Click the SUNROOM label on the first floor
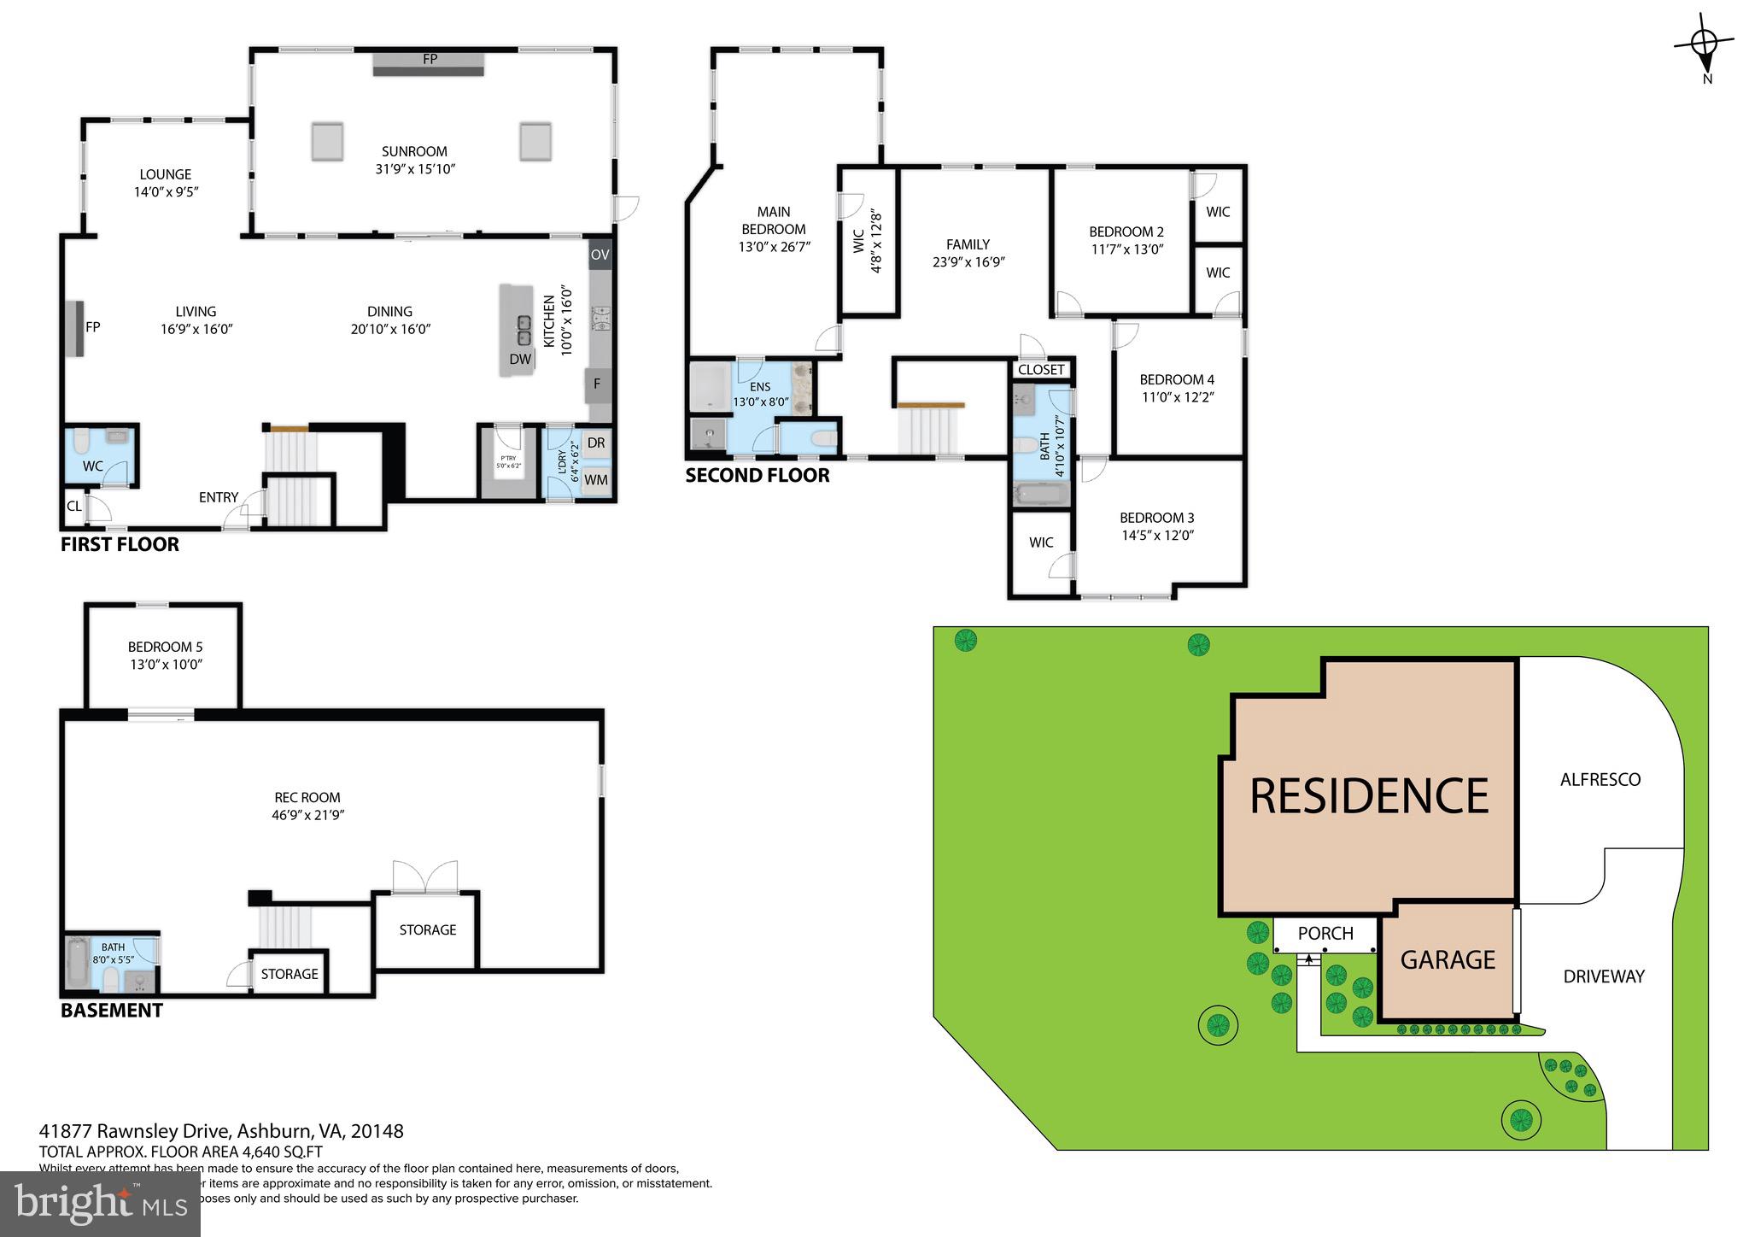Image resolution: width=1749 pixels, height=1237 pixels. [414, 151]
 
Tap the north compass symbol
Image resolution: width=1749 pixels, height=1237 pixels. [1704, 43]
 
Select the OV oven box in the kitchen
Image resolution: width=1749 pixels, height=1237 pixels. [600, 255]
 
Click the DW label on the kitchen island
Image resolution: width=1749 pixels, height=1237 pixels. [520, 360]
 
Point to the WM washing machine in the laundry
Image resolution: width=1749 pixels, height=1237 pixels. [596, 480]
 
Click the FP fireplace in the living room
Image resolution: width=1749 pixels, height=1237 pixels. [75, 327]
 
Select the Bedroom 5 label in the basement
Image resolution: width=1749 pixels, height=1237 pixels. [165, 647]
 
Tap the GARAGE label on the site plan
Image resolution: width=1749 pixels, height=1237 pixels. [1448, 960]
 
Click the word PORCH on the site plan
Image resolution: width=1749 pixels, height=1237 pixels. [1325, 934]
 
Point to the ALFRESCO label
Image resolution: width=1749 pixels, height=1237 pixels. [1600, 779]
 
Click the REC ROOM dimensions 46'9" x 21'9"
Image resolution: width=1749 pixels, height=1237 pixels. [307, 815]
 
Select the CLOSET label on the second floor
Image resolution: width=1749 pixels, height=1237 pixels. [1041, 370]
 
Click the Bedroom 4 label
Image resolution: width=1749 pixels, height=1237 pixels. [1177, 379]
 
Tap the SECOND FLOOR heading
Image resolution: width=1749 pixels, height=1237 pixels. [757, 476]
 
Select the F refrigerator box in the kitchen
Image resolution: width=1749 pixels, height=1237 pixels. [597, 384]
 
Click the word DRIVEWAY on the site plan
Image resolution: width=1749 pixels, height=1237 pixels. [1603, 976]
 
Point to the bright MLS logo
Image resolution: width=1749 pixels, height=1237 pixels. [100, 1204]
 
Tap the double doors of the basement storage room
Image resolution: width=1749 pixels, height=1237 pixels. [424, 878]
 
